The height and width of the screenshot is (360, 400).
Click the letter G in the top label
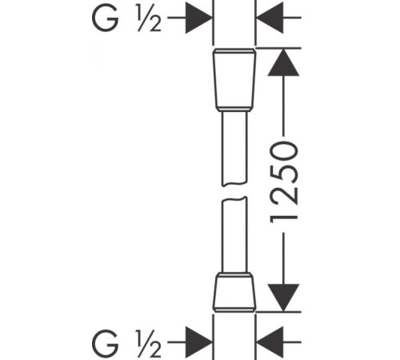105,18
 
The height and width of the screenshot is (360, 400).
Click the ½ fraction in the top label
150,18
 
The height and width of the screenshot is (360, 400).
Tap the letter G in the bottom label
105,343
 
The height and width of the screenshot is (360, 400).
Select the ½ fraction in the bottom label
149,343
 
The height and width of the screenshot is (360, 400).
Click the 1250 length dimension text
283,182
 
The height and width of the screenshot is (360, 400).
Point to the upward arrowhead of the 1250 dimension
283,62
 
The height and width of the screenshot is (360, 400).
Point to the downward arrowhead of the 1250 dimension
283,298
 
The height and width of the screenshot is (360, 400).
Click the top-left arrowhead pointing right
199,18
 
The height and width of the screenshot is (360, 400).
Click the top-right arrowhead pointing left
270,18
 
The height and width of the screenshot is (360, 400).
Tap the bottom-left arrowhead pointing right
199,342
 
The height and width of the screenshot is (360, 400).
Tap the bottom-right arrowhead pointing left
270,342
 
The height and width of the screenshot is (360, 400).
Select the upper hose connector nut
234,80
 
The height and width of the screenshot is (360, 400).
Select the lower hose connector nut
234,292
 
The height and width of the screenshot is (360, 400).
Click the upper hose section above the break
234,149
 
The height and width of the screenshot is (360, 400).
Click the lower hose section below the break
234,235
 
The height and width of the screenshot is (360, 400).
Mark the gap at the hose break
234,192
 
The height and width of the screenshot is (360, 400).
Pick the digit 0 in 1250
283,151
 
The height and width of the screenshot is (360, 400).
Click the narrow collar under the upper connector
234,110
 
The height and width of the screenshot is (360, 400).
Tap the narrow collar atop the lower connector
234,275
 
